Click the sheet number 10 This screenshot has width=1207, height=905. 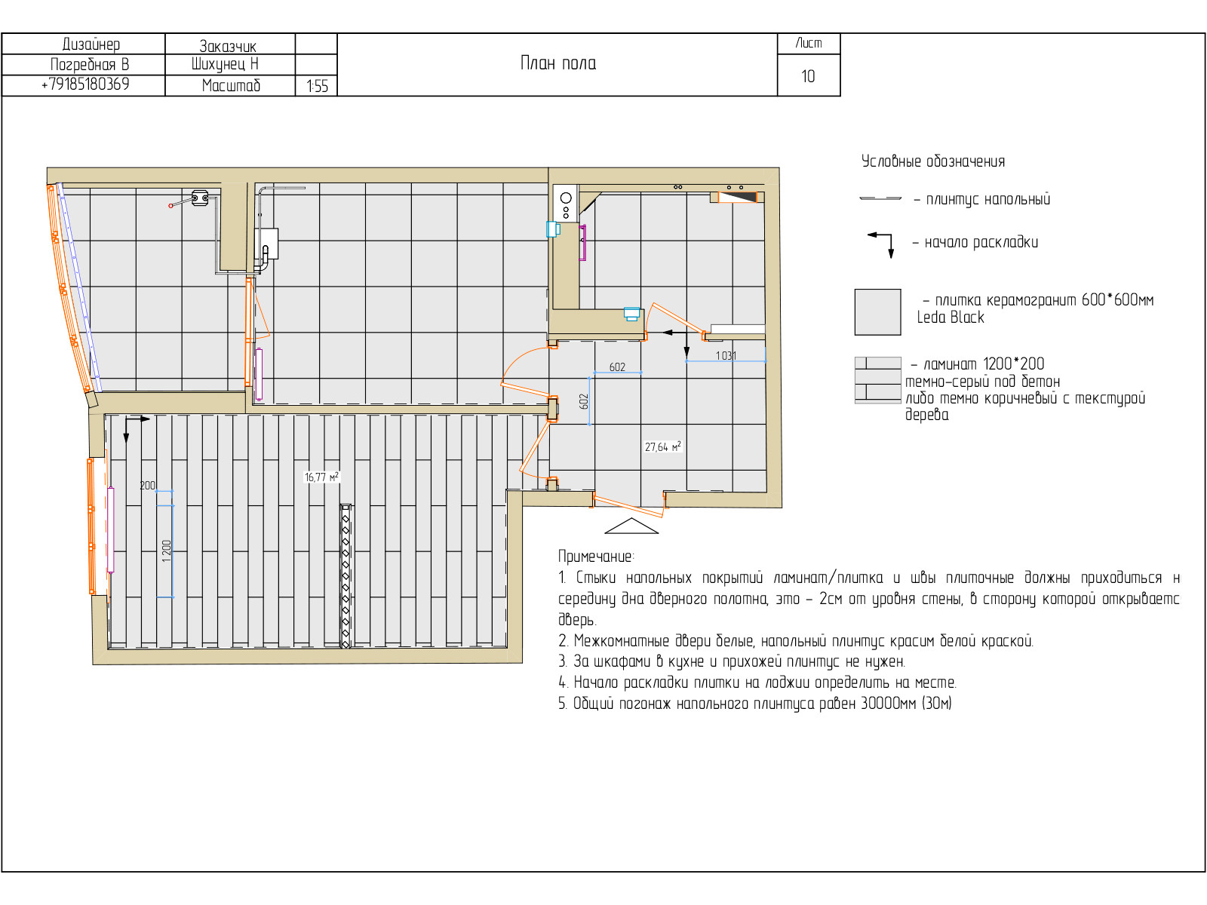tap(807, 76)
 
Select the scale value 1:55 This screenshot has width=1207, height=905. tap(318, 86)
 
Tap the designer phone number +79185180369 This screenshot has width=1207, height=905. tap(85, 84)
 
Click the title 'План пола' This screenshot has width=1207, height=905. tap(557, 63)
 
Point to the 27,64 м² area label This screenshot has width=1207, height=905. tap(662, 446)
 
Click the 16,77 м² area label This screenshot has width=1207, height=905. tap(321, 477)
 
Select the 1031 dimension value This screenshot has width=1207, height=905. tap(725, 355)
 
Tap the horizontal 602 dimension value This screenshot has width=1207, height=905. tap(617, 367)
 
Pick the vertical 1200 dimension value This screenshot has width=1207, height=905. tap(167, 551)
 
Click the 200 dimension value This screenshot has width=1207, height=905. tap(147, 485)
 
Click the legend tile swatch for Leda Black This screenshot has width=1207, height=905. tap(877, 311)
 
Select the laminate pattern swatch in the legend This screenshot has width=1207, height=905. tap(877, 380)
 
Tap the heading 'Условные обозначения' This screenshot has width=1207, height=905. tap(932, 161)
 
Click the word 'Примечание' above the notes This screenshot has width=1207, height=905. tap(594, 556)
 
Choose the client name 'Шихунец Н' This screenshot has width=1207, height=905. tap(224, 64)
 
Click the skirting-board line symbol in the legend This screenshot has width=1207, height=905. tap(880, 198)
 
